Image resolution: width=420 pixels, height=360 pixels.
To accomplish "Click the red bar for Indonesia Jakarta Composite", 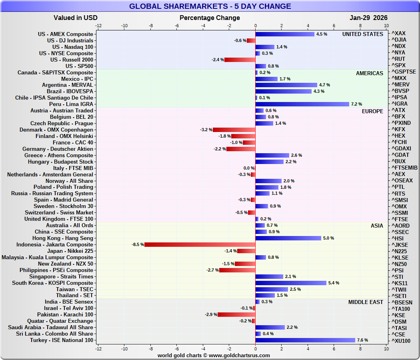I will coord(200,244).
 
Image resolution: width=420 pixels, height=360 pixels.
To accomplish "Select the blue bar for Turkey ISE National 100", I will coord(305,340).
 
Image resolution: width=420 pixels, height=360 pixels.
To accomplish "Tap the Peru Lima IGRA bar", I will coord(302,104).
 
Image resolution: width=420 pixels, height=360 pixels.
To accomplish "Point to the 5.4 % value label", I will coord(334,283).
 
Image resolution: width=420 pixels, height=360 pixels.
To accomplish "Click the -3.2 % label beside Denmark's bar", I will coord(206,130).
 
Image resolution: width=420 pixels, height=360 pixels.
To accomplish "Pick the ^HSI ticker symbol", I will coord(398,238).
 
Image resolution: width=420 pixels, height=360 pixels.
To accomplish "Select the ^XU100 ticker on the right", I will coord(401,340).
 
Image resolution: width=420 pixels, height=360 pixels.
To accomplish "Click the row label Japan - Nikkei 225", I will coord(70,251).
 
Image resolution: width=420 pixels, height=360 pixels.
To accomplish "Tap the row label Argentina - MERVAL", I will coord(68,85).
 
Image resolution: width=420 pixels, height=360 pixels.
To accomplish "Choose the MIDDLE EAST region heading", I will coord(366,302).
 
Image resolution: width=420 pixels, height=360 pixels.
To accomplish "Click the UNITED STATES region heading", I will coord(362,34).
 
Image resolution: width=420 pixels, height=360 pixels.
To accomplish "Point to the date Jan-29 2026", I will coord(368,18).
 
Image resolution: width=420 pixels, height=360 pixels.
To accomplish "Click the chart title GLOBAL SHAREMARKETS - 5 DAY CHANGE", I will coord(210,6).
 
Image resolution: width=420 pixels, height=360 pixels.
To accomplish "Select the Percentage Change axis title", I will coord(210,18).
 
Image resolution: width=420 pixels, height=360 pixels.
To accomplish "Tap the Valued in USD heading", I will coord(76,18).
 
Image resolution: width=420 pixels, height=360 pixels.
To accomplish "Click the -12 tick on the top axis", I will coord(98,26).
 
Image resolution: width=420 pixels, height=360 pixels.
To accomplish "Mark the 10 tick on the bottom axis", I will coord(386,349).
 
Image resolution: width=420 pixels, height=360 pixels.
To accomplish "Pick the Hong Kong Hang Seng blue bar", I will coord(288,238).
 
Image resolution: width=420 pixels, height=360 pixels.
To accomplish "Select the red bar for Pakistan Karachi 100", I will coord(236,315).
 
